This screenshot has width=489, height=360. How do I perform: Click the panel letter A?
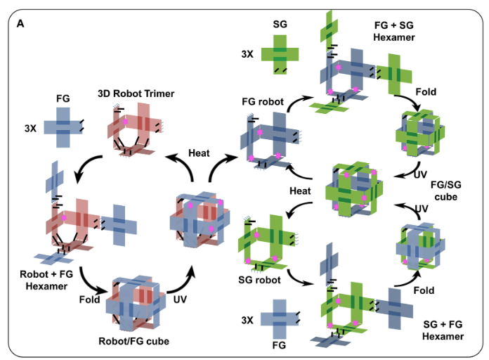(20, 23)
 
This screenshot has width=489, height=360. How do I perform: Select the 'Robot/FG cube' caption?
(134, 342)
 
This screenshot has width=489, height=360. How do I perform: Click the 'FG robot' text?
(263, 102)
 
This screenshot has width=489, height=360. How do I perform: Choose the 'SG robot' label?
(260, 279)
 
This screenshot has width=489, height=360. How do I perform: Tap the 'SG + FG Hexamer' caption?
(443, 330)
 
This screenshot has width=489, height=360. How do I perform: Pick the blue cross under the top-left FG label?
(63, 128)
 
